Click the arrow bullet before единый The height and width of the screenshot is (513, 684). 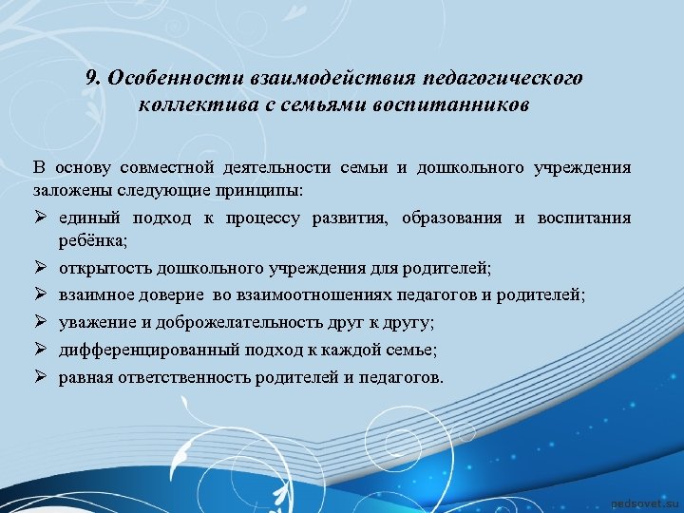(x=39, y=218)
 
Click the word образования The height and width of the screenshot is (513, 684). (x=453, y=218)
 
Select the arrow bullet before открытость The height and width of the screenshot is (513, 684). (x=39, y=269)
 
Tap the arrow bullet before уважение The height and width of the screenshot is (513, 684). (x=39, y=323)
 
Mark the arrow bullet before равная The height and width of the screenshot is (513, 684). (x=39, y=377)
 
